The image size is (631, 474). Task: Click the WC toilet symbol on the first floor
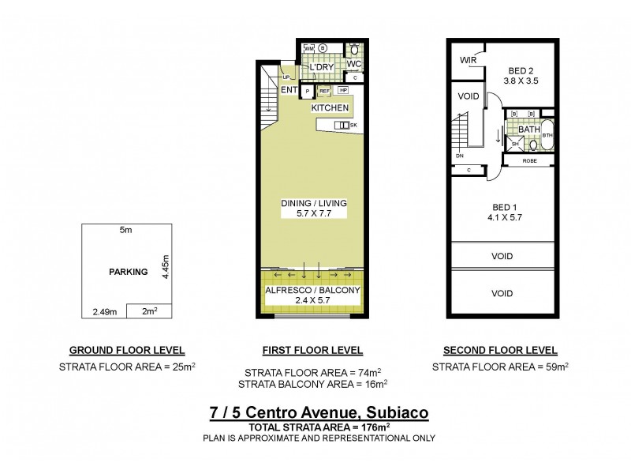354,50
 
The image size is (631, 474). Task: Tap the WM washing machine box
309,49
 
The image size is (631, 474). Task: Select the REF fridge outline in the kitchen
324,92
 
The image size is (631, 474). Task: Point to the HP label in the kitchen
343,92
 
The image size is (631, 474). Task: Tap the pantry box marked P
306,92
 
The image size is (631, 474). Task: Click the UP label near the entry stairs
286,77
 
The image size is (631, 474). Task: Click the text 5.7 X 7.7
313,214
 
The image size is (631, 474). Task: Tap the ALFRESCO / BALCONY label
313,290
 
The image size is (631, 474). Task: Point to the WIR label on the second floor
466,60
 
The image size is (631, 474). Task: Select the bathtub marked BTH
547,136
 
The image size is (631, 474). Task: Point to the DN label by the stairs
460,156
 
